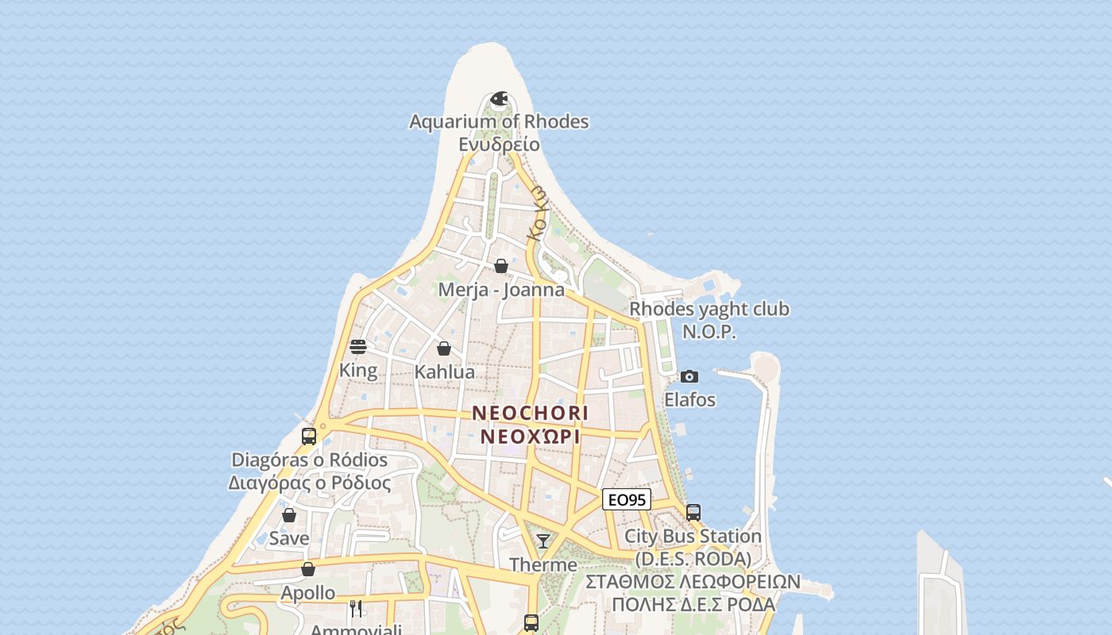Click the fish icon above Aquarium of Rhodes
tap(499, 98)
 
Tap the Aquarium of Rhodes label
tap(499, 121)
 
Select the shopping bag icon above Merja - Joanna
tap(501, 266)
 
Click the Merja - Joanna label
tap(501, 290)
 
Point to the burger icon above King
tap(358, 347)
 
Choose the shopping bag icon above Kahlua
tap(444, 348)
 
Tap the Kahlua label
tap(445, 371)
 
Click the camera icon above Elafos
tap(689, 376)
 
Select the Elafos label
tap(689, 399)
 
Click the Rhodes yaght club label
tap(709, 309)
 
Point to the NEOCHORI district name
tap(531, 414)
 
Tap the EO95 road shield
tap(627, 499)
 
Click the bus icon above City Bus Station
tap(693, 513)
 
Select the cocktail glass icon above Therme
tap(543, 541)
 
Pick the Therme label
tap(543, 564)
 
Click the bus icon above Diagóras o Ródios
tap(309, 437)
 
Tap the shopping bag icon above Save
tap(289, 515)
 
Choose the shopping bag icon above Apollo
tap(308, 569)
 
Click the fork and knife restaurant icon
tap(356, 609)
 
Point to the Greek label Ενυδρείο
tap(499, 144)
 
